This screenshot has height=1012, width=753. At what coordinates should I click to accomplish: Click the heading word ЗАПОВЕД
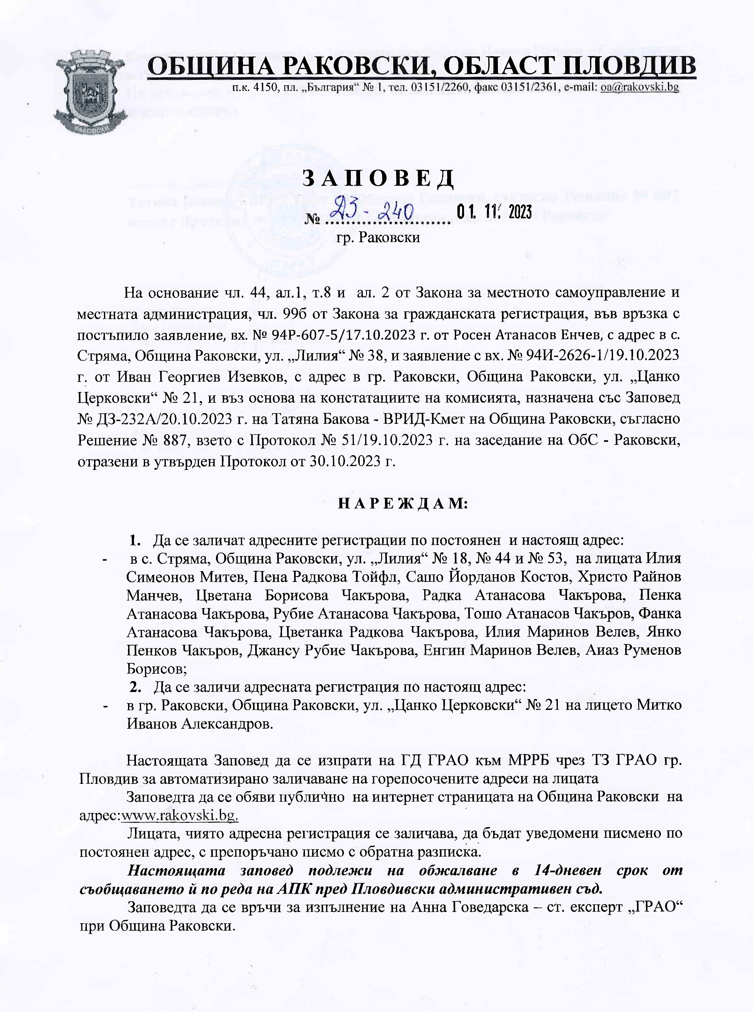coord(378,179)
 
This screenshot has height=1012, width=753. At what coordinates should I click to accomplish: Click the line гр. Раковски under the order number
coord(378,237)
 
